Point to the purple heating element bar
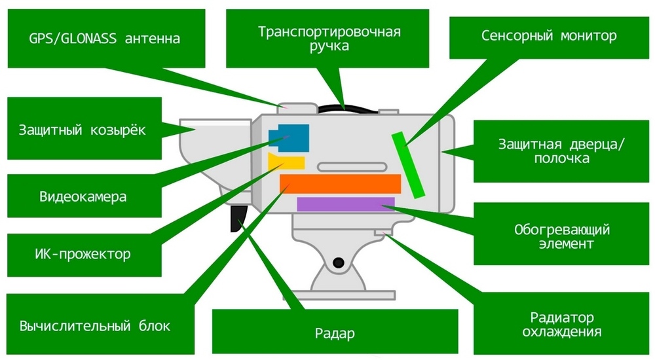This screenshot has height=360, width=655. [x=345, y=204]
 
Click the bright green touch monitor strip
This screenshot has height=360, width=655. [x=409, y=164]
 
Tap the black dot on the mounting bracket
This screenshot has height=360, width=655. [x=338, y=263]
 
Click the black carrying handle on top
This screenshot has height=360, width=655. [x=347, y=107]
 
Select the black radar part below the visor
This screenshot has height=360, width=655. [x=237, y=216]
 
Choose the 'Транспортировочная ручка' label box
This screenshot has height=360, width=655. [x=329, y=39]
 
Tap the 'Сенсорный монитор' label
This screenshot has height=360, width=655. [x=549, y=35]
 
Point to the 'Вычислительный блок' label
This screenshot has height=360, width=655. [x=94, y=326]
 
